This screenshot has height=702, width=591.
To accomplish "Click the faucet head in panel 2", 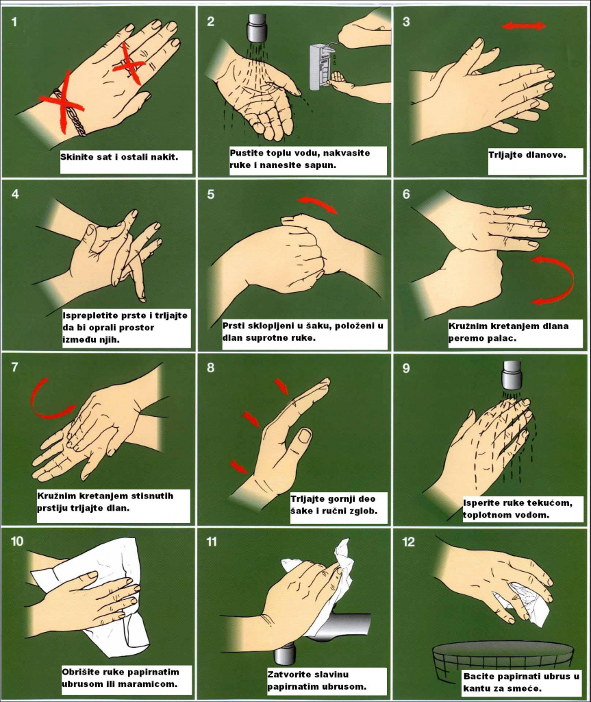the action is (x=257, y=27).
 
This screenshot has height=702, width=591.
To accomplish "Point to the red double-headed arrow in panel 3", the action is (x=524, y=25).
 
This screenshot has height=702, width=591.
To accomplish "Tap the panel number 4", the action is (x=15, y=194).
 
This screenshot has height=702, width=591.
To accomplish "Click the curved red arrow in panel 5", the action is (x=317, y=204).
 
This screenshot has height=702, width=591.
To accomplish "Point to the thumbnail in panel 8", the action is (x=305, y=435).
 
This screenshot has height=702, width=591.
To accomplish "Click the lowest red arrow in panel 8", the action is (x=239, y=466).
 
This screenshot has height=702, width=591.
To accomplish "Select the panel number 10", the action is (x=17, y=542).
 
